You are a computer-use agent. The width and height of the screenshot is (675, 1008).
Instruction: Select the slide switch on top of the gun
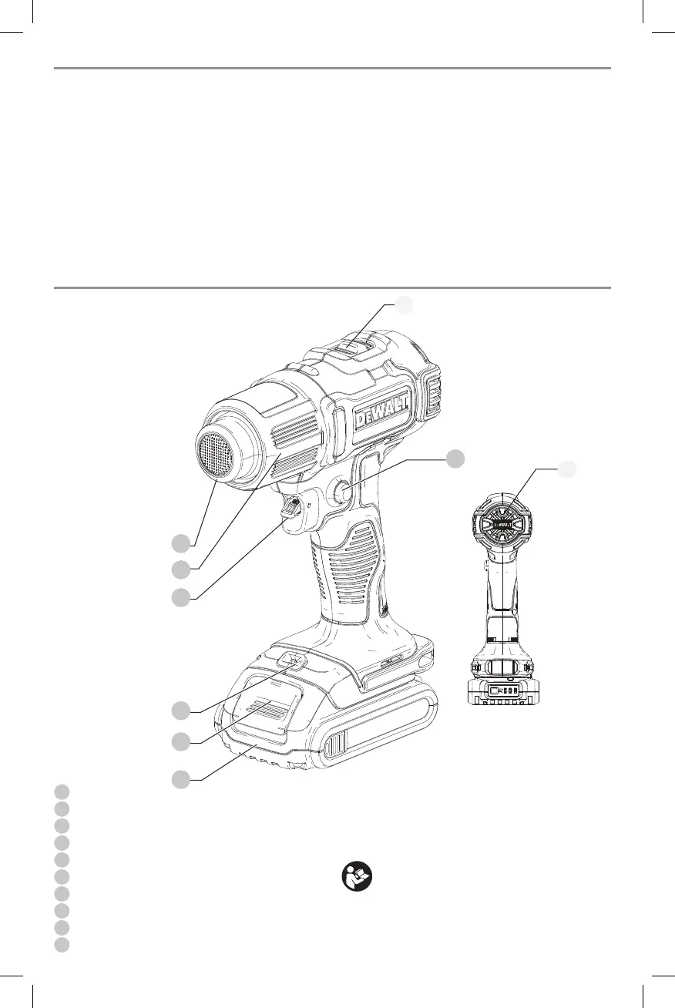[x=351, y=348]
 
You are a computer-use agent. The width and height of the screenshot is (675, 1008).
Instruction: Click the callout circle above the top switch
[x=404, y=305]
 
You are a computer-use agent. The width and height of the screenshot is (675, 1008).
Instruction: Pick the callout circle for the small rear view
[x=567, y=468]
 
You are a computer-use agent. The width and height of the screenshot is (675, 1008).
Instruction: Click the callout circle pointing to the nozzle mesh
[x=180, y=543]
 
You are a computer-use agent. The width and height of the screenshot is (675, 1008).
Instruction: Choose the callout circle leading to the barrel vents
[x=180, y=570]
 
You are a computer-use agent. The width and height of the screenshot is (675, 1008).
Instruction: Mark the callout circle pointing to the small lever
[x=180, y=597]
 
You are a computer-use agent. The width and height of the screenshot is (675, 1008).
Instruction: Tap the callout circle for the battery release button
[x=180, y=711]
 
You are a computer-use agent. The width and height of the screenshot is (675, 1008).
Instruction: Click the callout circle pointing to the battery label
[x=180, y=742]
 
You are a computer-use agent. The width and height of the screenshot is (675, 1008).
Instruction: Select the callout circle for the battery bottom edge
[x=180, y=779]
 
